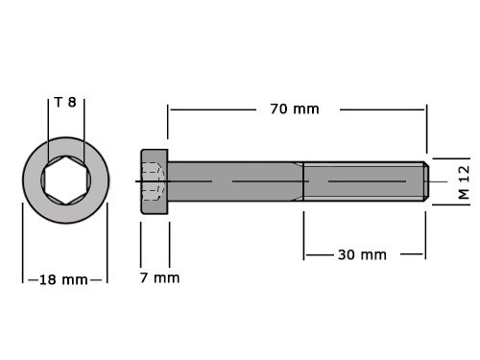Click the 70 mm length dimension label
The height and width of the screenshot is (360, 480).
tap(294, 108)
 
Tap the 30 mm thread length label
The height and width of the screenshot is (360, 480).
tap(362, 254)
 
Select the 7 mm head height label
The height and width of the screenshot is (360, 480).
tap(159, 277)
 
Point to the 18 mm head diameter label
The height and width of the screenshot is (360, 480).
tap(63, 280)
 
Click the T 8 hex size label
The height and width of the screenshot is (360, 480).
tap(65, 102)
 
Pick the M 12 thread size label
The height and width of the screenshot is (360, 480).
tap(463, 180)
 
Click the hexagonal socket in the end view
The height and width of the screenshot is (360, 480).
tap(65, 180)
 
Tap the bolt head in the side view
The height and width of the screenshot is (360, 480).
tap(155, 180)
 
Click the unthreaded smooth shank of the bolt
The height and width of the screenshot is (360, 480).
tap(235, 180)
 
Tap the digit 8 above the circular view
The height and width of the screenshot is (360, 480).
tap(71, 102)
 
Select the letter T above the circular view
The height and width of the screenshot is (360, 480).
tap(59, 102)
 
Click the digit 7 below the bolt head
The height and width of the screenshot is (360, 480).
tap(145, 277)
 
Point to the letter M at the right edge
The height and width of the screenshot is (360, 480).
tap(463, 193)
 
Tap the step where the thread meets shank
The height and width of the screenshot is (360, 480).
tap(303, 180)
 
